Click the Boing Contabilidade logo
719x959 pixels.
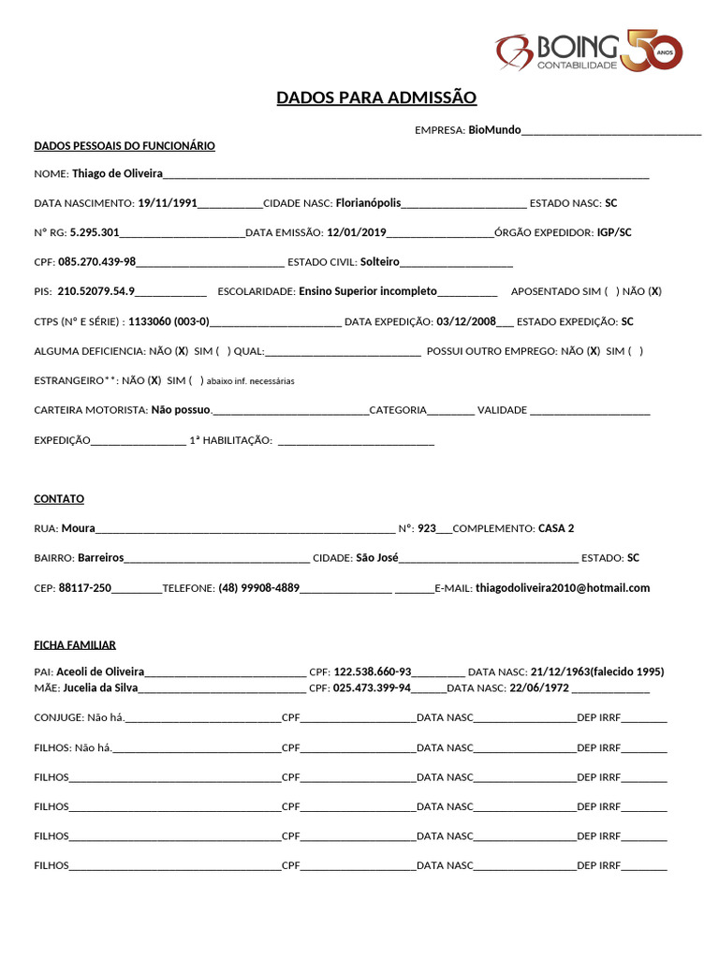click(x=589, y=52)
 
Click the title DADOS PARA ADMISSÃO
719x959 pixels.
click(x=376, y=97)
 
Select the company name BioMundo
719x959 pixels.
click(x=494, y=130)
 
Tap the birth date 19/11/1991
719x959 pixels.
click(x=168, y=202)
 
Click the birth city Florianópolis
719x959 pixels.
click(x=368, y=202)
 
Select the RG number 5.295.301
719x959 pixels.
click(x=95, y=232)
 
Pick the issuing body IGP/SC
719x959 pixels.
click(x=614, y=232)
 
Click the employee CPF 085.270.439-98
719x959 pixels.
click(x=97, y=261)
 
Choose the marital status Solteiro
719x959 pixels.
click(x=380, y=261)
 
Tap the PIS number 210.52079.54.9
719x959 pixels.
click(x=96, y=291)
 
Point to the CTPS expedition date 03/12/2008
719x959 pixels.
click(x=466, y=321)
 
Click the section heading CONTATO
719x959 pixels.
click(x=59, y=499)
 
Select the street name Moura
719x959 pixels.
click(x=79, y=528)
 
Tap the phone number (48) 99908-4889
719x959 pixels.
click(x=259, y=587)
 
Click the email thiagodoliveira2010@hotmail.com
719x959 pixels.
click(x=563, y=587)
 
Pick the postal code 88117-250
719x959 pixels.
click(x=85, y=587)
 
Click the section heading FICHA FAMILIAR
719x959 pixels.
click(x=75, y=645)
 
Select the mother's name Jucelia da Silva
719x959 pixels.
click(x=100, y=687)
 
